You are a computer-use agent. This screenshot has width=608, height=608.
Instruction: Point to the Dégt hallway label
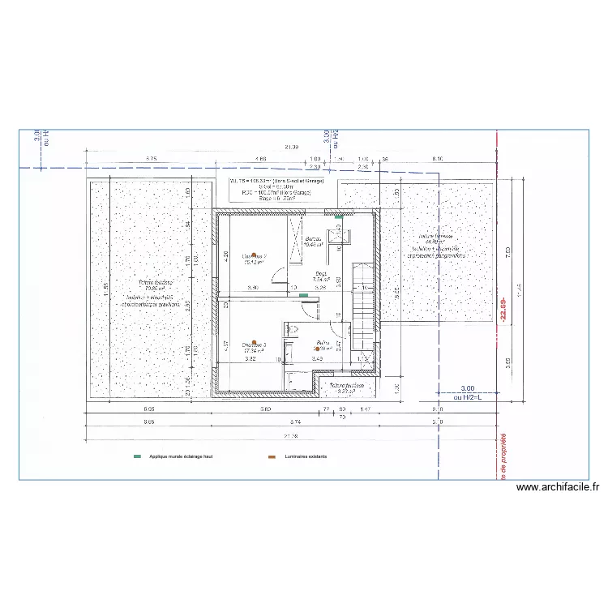[321, 273]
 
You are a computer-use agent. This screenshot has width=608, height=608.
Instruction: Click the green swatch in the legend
[137, 456]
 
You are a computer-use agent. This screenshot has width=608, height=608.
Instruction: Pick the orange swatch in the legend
[272, 456]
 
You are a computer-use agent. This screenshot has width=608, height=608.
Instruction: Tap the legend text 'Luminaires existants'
[306, 456]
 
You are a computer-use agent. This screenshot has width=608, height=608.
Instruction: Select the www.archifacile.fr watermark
[557, 487]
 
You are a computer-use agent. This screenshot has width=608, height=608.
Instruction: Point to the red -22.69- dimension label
[503, 307]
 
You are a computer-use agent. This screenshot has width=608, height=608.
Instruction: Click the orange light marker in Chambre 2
[254, 252]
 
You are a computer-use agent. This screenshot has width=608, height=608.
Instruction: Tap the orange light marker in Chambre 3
[254, 342]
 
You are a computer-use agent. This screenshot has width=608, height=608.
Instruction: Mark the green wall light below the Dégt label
[303, 296]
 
